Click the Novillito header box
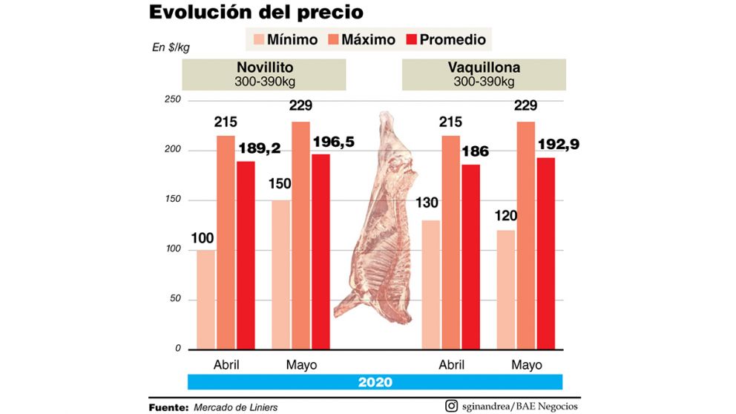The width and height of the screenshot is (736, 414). pyautogui.click(x=264, y=75)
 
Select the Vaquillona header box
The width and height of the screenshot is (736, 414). pyautogui.click(x=484, y=75)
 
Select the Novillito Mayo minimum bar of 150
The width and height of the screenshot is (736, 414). pyautogui.click(x=281, y=275)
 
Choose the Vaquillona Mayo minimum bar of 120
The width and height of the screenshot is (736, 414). pyautogui.click(x=506, y=289)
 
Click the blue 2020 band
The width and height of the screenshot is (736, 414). pyautogui.click(x=375, y=383)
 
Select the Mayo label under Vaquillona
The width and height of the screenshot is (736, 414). pyautogui.click(x=526, y=364)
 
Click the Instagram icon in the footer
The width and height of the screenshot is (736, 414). pyautogui.click(x=451, y=406)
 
